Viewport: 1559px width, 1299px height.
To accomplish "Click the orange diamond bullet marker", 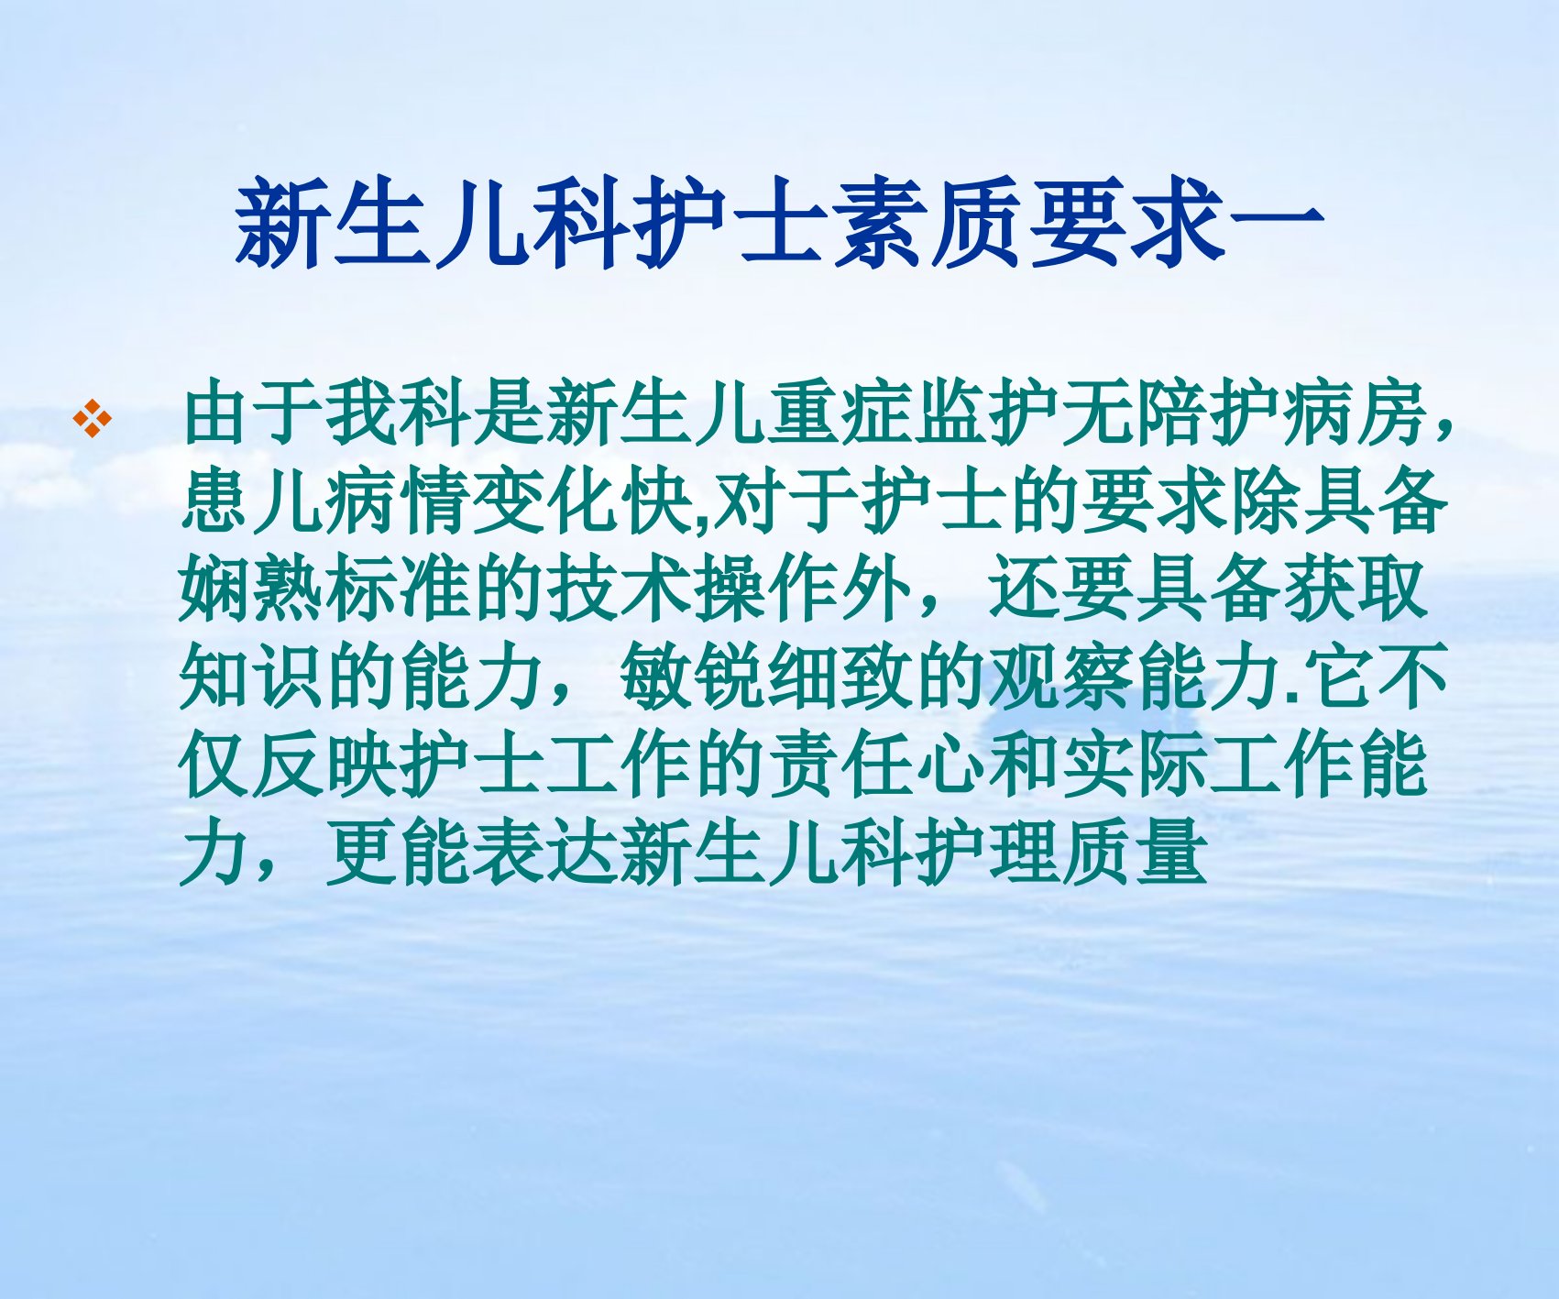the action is click(x=93, y=419).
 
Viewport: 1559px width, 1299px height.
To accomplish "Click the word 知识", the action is click(x=254, y=677).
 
